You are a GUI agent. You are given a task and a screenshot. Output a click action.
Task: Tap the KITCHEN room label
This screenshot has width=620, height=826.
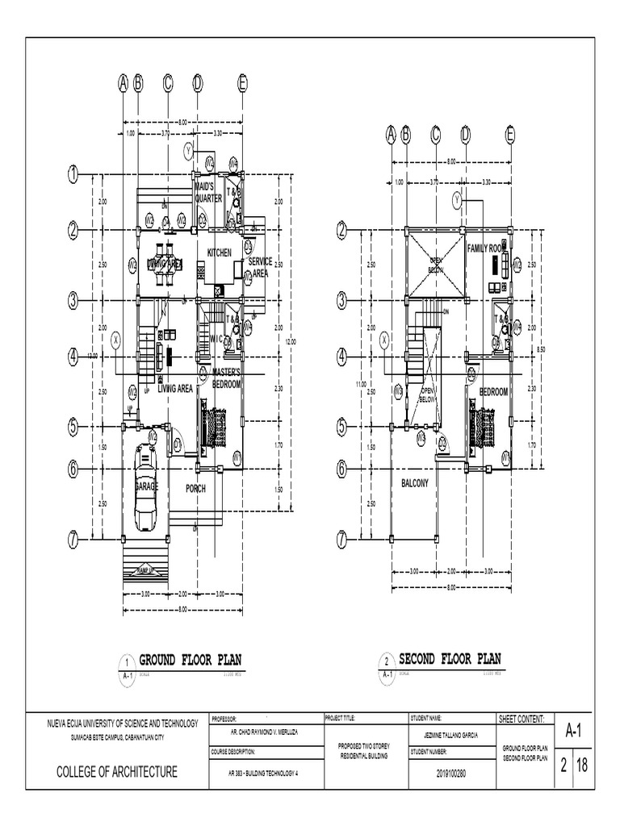[x=220, y=252]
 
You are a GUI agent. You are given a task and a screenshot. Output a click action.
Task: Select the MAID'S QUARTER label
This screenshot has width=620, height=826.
[x=207, y=192]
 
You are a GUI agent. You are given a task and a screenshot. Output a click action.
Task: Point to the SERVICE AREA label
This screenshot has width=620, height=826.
[x=260, y=267]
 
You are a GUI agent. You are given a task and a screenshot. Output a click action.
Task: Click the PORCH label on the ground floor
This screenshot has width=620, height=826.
[x=195, y=488]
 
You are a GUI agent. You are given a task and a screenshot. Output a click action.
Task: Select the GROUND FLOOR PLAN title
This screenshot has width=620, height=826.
[x=191, y=660]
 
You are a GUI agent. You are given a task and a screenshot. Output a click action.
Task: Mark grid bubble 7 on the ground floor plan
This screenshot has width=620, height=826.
[x=73, y=538]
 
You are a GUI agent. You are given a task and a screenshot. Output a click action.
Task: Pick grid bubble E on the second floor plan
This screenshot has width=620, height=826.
[x=510, y=135]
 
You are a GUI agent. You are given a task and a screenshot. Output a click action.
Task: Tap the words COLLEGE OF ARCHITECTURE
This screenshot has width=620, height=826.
[x=116, y=773]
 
